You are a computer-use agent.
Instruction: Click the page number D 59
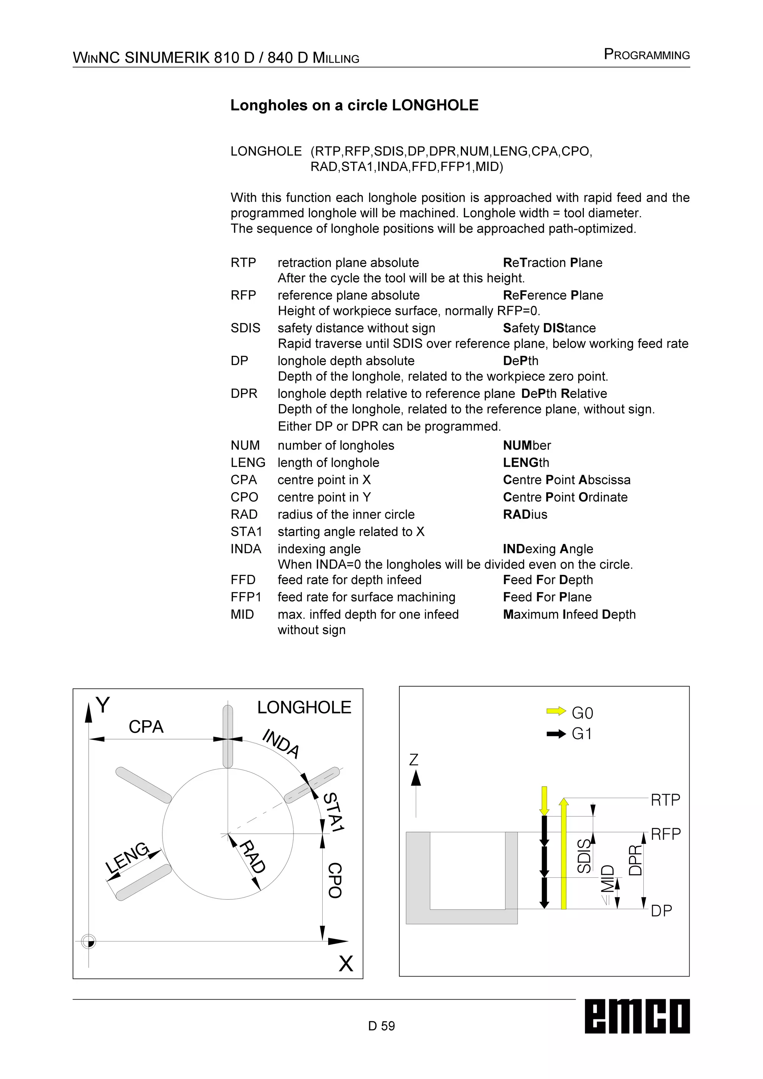(x=381, y=1025)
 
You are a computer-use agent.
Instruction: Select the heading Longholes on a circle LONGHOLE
(x=354, y=105)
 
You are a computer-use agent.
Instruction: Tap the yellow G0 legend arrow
(x=556, y=711)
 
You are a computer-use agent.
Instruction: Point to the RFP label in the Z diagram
(x=665, y=834)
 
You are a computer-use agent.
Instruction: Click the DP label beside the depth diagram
(x=661, y=911)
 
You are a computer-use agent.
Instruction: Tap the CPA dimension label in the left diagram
(x=146, y=727)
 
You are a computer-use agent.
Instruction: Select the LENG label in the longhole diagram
(x=127, y=858)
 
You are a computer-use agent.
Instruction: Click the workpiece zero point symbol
(x=88, y=941)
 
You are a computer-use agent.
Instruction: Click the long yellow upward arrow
(x=564, y=853)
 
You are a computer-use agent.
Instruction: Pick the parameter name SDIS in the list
(x=245, y=328)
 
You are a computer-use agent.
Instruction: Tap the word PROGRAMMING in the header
(x=646, y=55)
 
